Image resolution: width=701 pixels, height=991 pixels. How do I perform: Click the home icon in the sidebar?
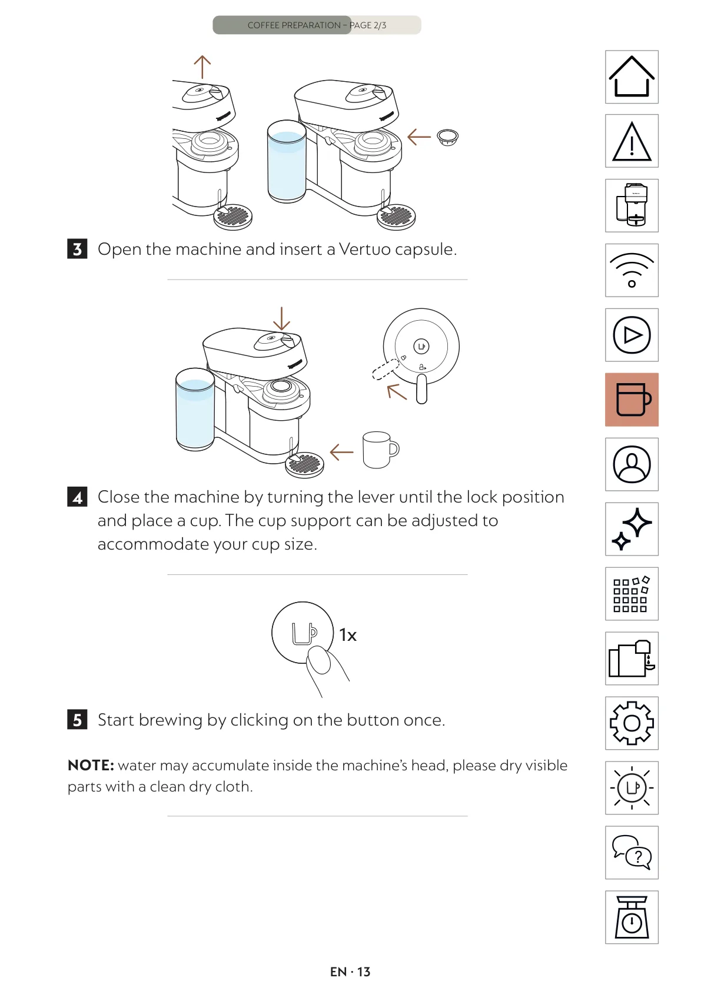(632, 77)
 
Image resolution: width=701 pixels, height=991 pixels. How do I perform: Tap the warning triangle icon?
(632, 141)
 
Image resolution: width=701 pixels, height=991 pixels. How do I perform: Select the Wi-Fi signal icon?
(632, 270)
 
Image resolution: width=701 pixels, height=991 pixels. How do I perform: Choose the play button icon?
(632, 335)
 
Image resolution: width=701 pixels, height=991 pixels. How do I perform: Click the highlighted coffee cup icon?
(632, 400)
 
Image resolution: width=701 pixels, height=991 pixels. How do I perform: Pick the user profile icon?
(632, 464)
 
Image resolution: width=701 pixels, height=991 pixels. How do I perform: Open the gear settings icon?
(632, 723)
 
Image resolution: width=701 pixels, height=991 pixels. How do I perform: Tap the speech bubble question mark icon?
(632, 853)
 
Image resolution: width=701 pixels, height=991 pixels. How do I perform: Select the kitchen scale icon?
(632, 917)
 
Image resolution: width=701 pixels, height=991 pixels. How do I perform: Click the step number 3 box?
(77, 249)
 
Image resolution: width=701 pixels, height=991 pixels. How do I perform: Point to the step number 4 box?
(77, 497)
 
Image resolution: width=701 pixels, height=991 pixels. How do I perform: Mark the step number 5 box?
(77, 719)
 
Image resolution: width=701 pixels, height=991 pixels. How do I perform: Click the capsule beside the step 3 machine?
(447, 137)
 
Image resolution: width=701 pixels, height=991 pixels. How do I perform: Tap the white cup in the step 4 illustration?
(380, 450)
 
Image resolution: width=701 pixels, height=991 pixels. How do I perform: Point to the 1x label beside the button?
(348, 635)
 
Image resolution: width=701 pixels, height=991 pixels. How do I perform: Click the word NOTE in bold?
(91, 765)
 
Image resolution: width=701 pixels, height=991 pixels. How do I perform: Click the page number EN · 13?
(350, 972)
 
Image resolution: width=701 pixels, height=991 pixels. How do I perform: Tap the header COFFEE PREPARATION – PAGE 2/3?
(317, 25)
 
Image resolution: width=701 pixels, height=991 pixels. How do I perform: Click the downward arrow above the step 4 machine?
(281, 318)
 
